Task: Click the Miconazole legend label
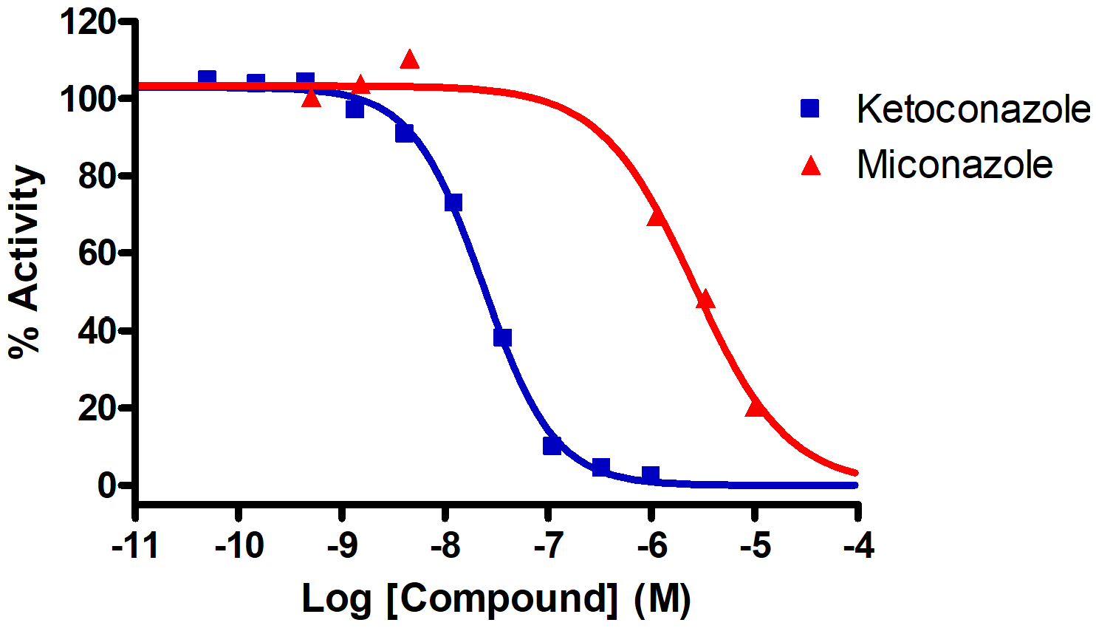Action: click(954, 164)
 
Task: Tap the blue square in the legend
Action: click(810, 109)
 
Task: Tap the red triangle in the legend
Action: click(811, 166)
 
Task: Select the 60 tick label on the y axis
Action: click(97, 253)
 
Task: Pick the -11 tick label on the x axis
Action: click(135, 547)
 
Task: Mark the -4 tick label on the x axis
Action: click(857, 547)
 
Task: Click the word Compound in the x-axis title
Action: click(502, 598)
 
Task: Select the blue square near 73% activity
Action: click(453, 202)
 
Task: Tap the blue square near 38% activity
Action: click(503, 338)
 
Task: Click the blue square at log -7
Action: click(552, 446)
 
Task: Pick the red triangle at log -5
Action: click(755, 407)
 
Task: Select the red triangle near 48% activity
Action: click(705, 299)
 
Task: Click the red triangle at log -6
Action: click(656, 216)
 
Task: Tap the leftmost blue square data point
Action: click(208, 78)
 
